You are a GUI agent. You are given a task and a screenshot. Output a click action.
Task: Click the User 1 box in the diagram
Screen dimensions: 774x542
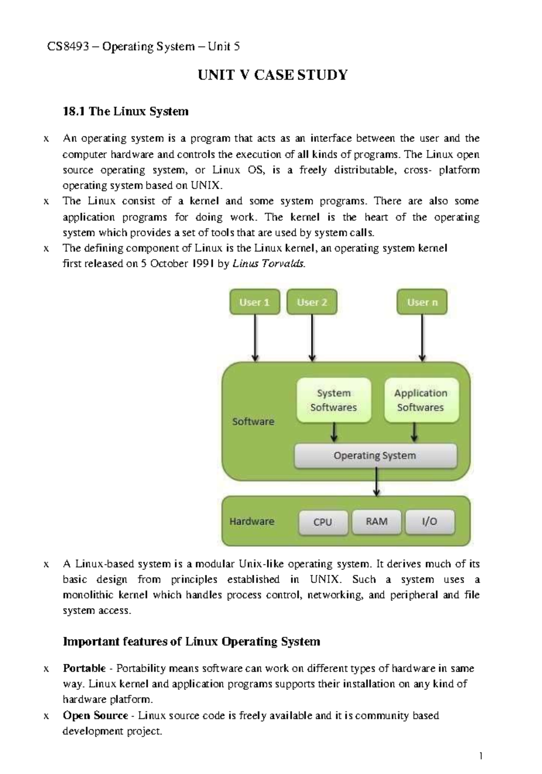(x=255, y=302)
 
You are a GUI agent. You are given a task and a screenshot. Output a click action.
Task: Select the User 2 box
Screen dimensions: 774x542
(x=312, y=302)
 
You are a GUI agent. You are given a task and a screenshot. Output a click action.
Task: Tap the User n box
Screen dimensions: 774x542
(x=422, y=302)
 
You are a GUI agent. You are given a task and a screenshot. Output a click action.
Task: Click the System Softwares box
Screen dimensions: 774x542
(x=333, y=400)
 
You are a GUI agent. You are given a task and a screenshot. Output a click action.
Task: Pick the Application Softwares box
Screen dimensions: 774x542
(x=421, y=400)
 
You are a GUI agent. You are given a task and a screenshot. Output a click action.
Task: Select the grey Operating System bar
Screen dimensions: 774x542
(x=375, y=456)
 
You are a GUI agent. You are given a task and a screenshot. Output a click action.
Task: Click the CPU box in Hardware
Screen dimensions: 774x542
(x=322, y=522)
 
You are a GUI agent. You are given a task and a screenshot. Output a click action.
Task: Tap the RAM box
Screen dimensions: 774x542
(x=377, y=522)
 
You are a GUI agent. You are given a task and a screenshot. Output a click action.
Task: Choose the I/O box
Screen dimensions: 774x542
(x=430, y=522)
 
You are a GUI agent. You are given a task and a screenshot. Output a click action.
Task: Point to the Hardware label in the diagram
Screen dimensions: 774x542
(x=252, y=521)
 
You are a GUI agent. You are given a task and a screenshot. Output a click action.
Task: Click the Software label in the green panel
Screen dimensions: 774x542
(x=253, y=421)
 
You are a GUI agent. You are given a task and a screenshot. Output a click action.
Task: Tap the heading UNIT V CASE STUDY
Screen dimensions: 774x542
(x=273, y=75)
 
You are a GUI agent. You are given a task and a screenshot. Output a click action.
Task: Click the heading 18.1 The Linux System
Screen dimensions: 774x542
(x=126, y=112)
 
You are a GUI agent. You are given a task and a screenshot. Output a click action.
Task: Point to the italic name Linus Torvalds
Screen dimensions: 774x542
(x=269, y=264)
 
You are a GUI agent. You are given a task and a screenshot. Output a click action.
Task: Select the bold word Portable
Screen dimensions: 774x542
(x=84, y=668)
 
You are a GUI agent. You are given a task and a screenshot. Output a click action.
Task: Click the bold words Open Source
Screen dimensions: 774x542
(x=95, y=715)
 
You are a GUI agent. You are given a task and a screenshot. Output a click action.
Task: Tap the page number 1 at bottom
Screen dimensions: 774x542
(x=481, y=756)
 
